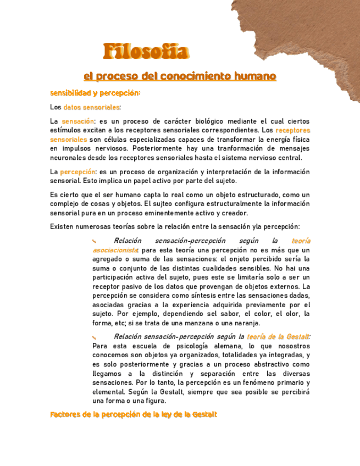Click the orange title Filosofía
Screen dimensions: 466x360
tap(146, 52)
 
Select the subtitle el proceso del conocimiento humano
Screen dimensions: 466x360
tap(179, 76)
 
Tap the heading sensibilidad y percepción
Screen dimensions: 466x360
tap(95, 93)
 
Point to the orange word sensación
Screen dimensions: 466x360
tap(77, 121)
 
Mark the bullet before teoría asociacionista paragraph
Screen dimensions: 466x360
tap(95, 241)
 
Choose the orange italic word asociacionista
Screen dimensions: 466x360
tap(115, 250)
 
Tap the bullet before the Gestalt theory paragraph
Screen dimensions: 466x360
tap(95, 337)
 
